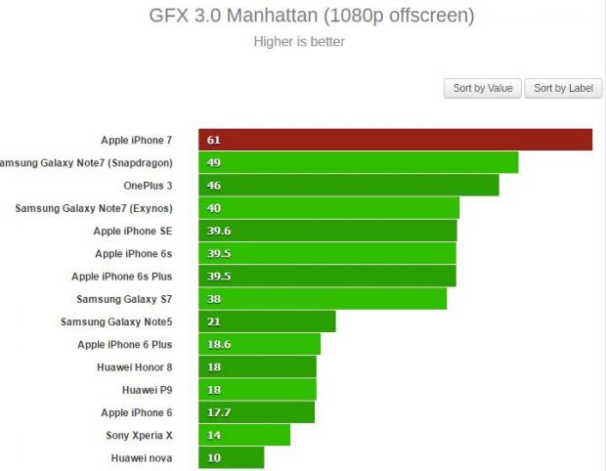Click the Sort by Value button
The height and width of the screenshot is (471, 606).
483,88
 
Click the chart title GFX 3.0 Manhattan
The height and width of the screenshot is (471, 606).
311,16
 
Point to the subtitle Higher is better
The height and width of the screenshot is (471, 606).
298,41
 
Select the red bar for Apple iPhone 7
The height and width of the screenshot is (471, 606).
395,140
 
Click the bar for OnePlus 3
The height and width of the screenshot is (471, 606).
349,185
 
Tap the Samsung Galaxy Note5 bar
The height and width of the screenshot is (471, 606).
267,321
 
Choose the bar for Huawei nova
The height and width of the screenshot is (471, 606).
232,457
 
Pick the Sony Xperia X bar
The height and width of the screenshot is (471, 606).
244,435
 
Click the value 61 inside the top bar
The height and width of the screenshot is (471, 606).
213,140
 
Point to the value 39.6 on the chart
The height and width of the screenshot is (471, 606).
219,231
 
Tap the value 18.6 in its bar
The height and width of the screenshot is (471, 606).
219,344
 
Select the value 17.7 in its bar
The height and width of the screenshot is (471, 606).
219,412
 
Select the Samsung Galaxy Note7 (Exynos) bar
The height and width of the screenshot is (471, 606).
328,208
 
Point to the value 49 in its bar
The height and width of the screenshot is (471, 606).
213,162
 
